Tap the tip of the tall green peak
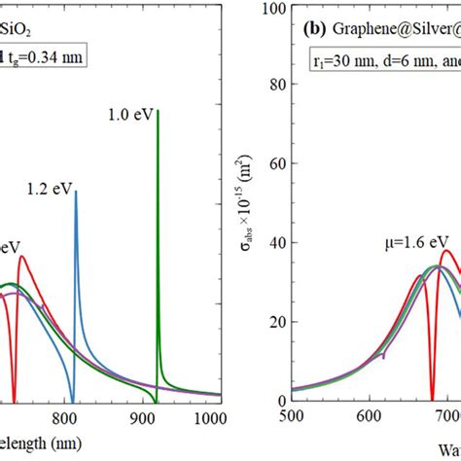click(158, 111)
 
